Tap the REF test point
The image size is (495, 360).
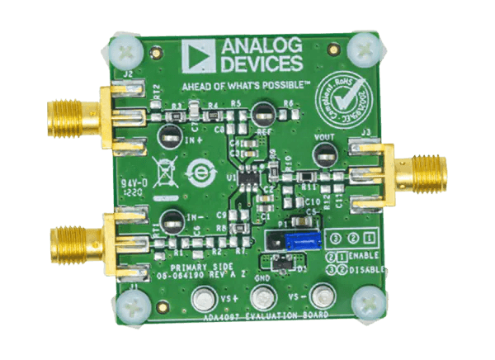click(x=264, y=113)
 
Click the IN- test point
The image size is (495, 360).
click(x=172, y=221)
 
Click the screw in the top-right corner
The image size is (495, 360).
click(x=361, y=48)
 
